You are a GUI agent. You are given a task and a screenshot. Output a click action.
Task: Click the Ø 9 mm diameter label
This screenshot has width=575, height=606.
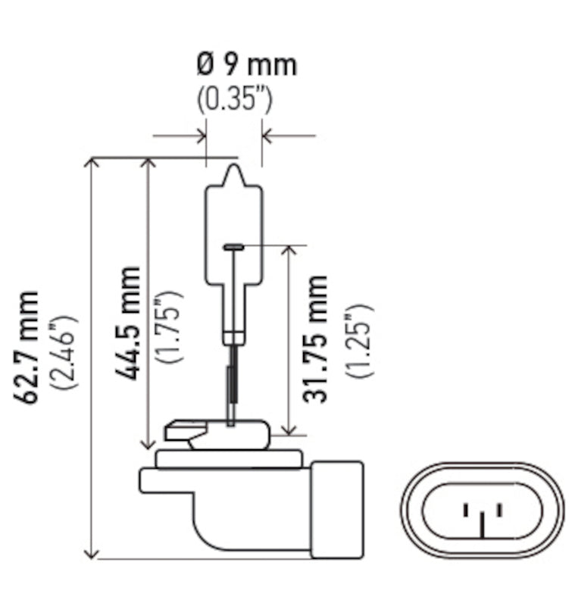coord(246,65)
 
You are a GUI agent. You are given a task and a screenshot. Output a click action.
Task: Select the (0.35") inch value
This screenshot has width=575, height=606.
coord(235,98)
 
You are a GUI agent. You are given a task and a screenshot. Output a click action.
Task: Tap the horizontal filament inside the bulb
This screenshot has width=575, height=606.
coord(234,246)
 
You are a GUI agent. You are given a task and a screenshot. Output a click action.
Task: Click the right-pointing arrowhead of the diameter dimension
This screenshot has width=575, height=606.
coord(200,136)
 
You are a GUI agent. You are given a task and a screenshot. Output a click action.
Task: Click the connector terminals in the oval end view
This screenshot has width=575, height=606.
coord(482,517)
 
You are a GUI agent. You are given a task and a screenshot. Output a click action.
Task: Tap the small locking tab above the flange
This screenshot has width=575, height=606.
coord(180,434)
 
